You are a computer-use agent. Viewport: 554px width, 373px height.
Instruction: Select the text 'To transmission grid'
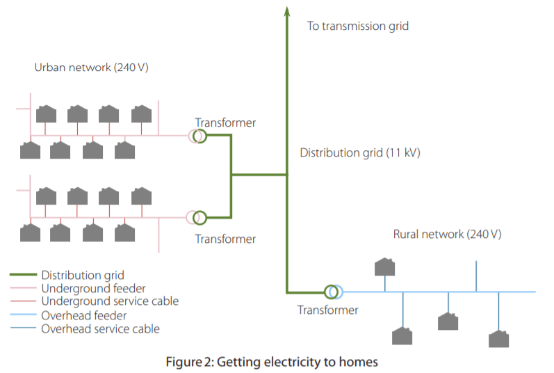pyautogui.click(x=358, y=26)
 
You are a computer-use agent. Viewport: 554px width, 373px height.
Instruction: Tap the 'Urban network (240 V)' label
pyautogui.click(x=91, y=68)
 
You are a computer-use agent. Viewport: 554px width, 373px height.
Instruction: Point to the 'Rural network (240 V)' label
pyautogui.click(x=447, y=235)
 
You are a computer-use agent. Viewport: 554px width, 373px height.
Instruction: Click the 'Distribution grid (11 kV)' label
pyautogui.click(x=360, y=152)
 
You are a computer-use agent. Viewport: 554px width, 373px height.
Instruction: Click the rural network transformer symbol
pyautogui.click(x=333, y=292)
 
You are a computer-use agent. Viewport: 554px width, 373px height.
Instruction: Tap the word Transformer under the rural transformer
pyautogui.click(x=328, y=310)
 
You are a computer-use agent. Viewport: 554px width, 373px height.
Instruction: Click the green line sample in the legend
pyautogui.click(x=23, y=275)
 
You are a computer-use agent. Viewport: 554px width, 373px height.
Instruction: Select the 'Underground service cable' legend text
pyautogui.click(x=110, y=301)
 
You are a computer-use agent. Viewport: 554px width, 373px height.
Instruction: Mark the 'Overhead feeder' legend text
pyautogui.click(x=84, y=315)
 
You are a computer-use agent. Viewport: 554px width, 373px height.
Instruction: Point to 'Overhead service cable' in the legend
pyautogui.click(x=100, y=328)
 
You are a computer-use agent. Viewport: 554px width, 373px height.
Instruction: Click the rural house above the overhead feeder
pyautogui.click(x=385, y=267)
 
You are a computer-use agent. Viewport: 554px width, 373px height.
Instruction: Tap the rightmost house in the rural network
pyautogui.click(x=498, y=340)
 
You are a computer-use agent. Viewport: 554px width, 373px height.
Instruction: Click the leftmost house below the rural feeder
pyautogui.click(x=402, y=336)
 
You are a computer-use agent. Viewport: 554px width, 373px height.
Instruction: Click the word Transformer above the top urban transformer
pyautogui.click(x=225, y=123)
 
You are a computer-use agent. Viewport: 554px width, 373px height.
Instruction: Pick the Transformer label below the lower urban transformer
pyautogui.click(x=225, y=239)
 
